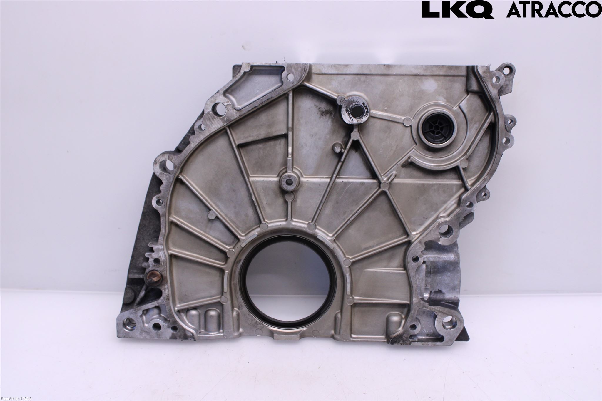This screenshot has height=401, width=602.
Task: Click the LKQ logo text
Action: pyautogui.click(x=457, y=10)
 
